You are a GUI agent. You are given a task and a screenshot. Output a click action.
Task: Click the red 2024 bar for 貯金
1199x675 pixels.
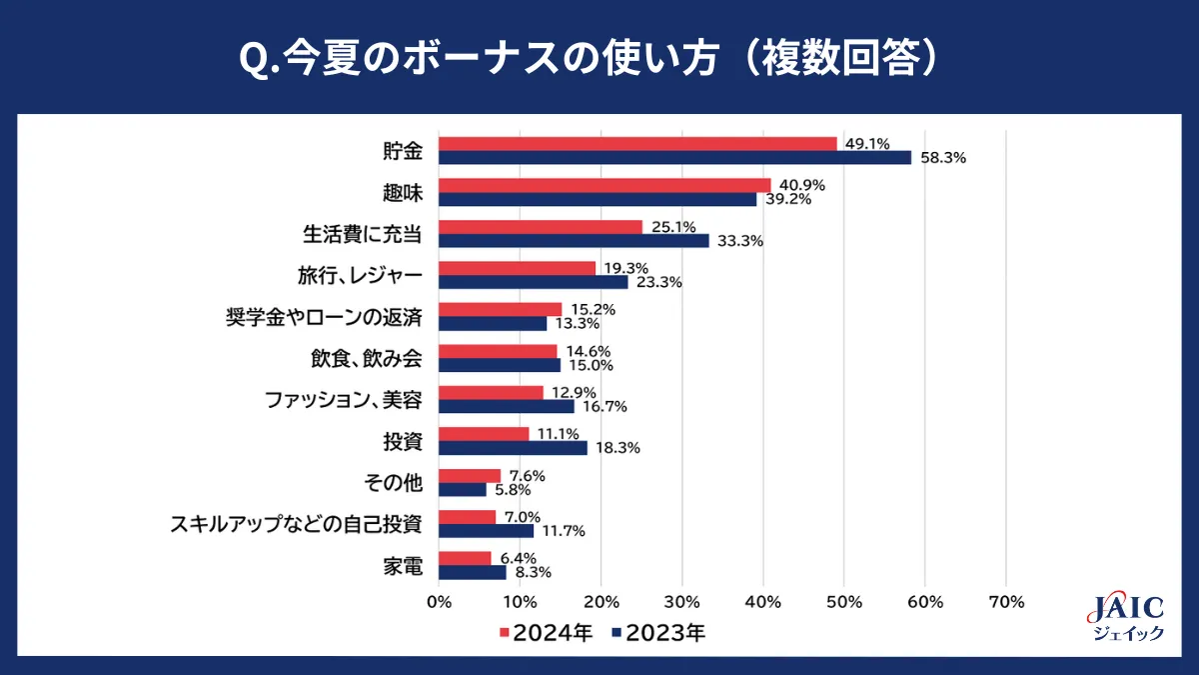coord(637,144)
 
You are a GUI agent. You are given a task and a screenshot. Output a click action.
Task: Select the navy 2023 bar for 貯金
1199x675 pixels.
coord(675,158)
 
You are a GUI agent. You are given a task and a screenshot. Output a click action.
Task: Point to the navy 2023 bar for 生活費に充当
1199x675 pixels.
coord(574,241)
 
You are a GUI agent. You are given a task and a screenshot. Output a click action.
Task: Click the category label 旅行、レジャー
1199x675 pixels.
coord(360,275)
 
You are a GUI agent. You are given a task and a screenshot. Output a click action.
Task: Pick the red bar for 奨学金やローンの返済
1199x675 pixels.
coord(501,310)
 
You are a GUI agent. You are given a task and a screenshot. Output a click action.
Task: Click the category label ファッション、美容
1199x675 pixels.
coord(344,400)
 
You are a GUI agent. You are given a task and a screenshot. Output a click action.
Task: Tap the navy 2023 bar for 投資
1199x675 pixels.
coord(514,448)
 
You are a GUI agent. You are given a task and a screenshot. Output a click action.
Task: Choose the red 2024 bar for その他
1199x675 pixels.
coord(470,476)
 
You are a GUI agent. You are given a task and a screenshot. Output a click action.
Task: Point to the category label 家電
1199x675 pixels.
coord(403,566)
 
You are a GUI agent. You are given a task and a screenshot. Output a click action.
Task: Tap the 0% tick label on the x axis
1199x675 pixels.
coord(440,602)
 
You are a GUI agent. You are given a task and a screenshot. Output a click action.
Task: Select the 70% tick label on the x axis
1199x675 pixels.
coord(1005,602)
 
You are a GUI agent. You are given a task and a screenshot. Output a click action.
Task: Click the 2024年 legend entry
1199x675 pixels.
coord(546,633)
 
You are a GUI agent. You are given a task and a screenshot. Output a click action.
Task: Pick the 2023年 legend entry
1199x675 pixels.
coord(659,633)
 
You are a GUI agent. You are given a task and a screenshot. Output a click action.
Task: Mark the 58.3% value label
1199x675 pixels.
coord(943,158)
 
